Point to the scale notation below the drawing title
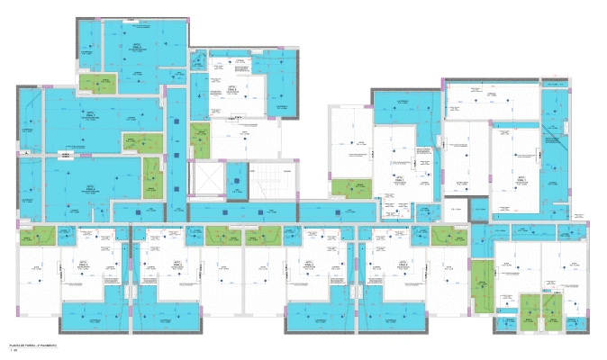click(x=13, y=351)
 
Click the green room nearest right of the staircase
click(x=350, y=187)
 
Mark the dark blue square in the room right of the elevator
click(x=237, y=181)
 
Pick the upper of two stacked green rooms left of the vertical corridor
click(x=142, y=142)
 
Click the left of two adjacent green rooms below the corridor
click(x=218, y=236)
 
